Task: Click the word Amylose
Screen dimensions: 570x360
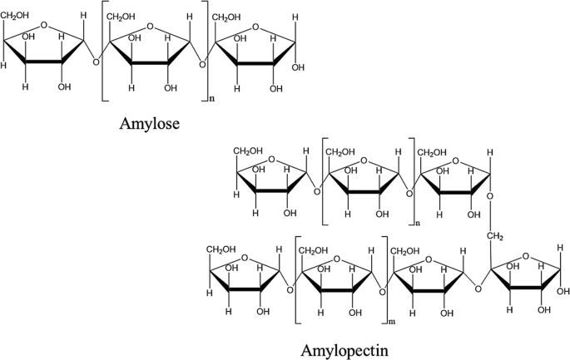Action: click(148, 124)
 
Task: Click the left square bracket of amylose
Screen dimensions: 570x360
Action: click(102, 55)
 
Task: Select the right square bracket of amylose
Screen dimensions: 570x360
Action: click(203, 55)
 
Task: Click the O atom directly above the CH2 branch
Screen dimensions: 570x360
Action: click(492, 199)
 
